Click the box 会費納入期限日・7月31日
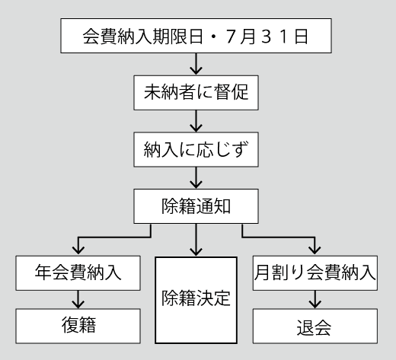tap(196, 36)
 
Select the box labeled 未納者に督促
tap(196, 93)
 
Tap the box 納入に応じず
tap(196, 149)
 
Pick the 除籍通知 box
tap(196, 206)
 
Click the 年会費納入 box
tap(78, 273)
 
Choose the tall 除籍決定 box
tap(196, 300)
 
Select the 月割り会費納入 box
tap(315, 273)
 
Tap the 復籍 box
tap(78, 327)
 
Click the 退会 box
tap(315, 327)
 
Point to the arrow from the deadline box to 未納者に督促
tap(196, 64)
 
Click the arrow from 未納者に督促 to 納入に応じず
tap(196, 121)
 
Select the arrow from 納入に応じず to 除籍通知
tap(196, 177)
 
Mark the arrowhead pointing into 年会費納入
tap(78, 250)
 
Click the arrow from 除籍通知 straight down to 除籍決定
tap(196, 240)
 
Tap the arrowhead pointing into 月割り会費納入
tap(315, 250)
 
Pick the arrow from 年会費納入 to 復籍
tap(78, 300)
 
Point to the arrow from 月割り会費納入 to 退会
tap(315, 300)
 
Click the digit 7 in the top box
tap(230, 37)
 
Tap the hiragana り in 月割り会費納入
tap(297, 273)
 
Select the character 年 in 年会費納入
tap(43, 272)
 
